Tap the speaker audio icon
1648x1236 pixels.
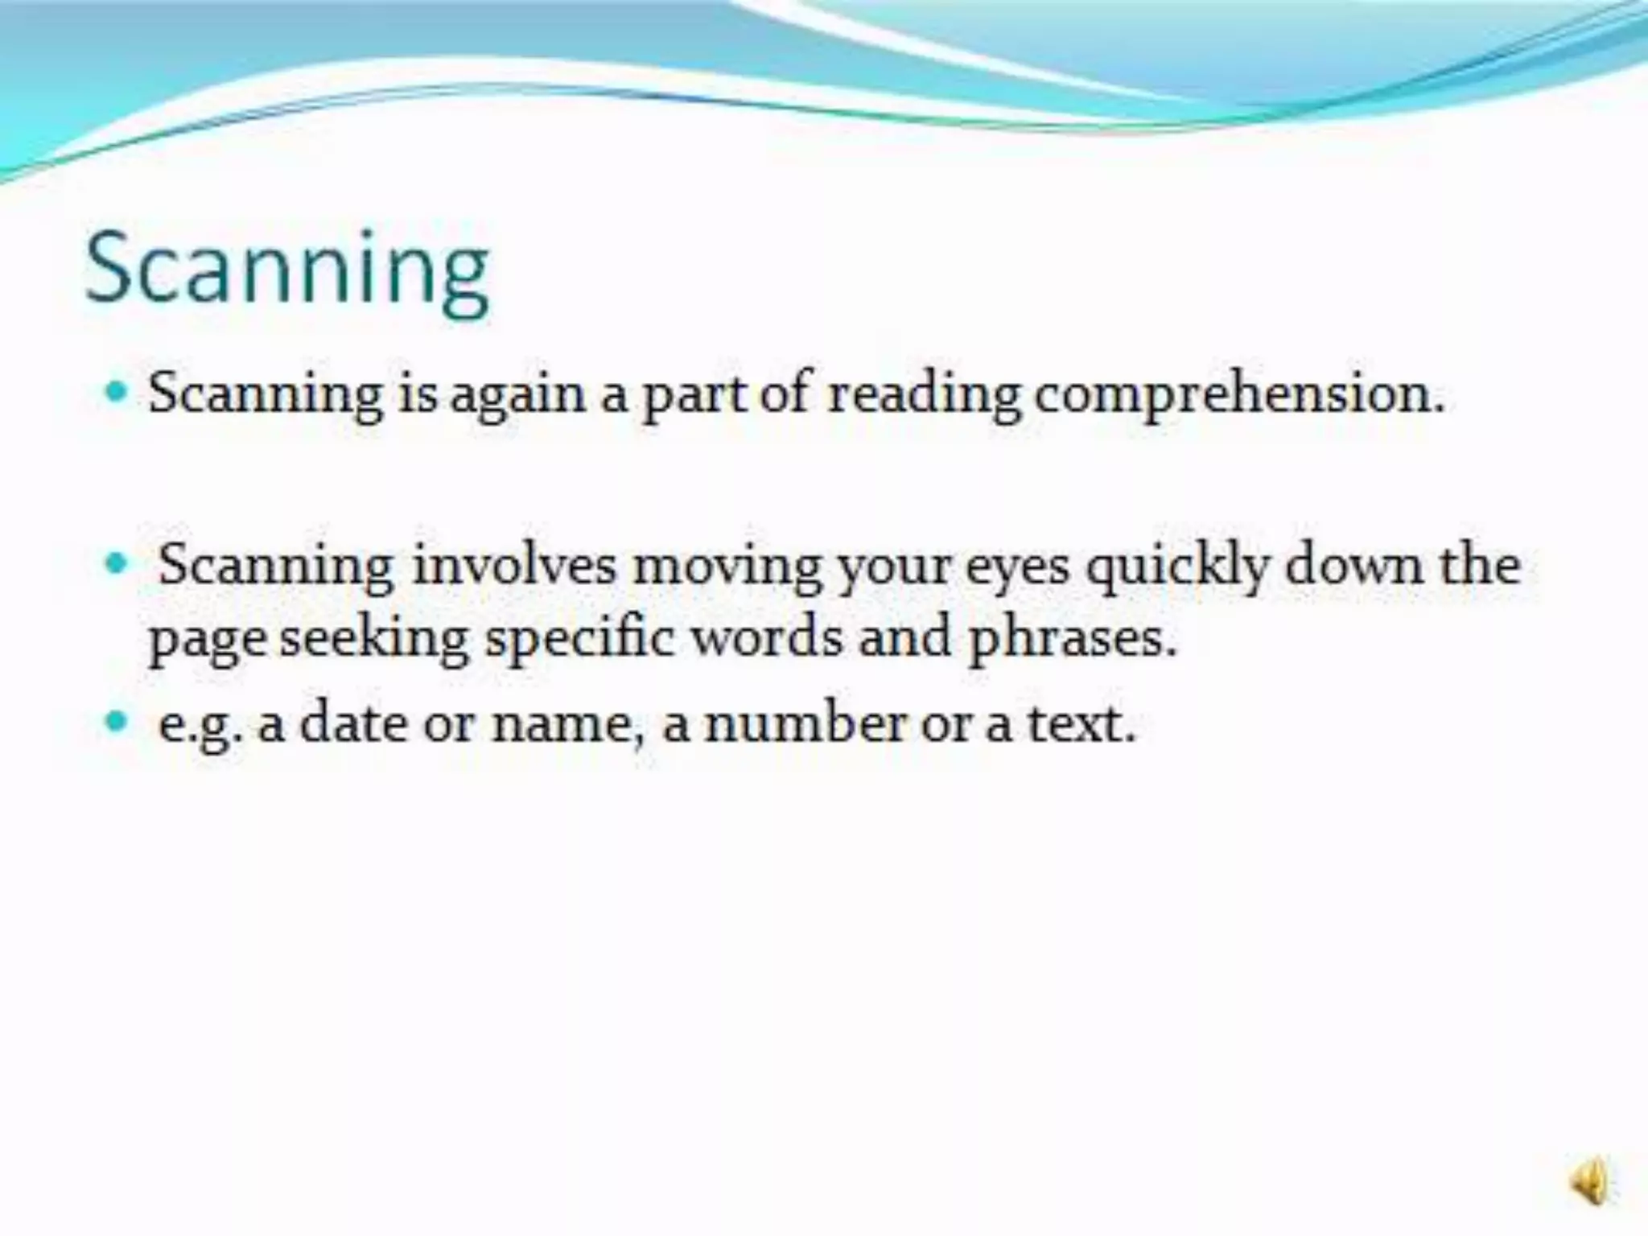(x=1589, y=1181)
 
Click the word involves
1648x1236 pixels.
(x=514, y=565)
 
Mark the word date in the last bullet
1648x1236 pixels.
(x=352, y=723)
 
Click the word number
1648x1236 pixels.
(x=805, y=723)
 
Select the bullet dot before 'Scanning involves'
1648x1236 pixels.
(x=117, y=563)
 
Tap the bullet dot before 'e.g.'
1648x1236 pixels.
(x=117, y=720)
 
